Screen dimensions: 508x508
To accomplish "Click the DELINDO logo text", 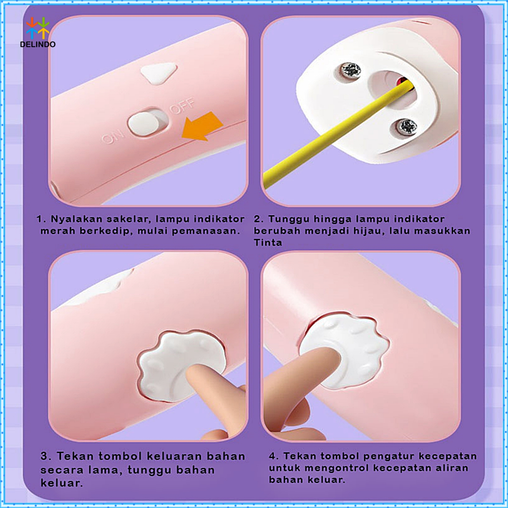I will click(x=38, y=44).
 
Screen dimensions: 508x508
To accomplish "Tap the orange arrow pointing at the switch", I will click(x=201, y=126).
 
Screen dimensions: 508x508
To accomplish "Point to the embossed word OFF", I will click(x=182, y=106).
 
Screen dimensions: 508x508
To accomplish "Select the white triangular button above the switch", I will click(x=159, y=73).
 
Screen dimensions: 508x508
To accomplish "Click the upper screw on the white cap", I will click(x=351, y=70).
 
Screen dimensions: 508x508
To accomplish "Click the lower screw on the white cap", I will click(x=407, y=127).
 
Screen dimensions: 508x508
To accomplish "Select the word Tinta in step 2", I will click(x=268, y=243).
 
